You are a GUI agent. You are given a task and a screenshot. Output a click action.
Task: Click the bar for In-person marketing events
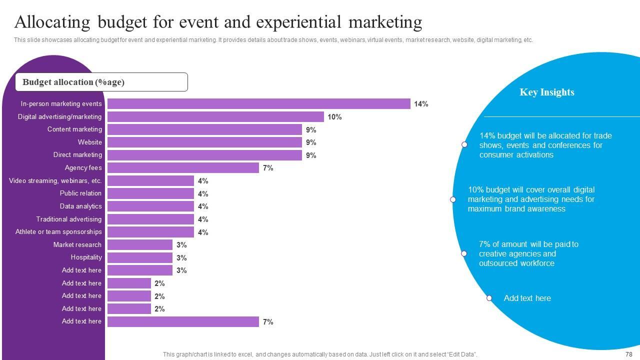click(x=259, y=104)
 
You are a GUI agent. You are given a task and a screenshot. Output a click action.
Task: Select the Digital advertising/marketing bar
click(x=215, y=117)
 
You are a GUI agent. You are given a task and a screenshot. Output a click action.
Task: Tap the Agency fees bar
click(x=183, y=168)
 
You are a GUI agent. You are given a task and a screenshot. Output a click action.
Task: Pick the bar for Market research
click(x=140, y=245)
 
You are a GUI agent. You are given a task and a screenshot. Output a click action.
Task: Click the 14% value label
click(x=421, y=104)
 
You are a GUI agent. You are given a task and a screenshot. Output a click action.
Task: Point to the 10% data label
click(x=334, y=117)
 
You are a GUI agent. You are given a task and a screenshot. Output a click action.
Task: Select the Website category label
click(x=90, y=142)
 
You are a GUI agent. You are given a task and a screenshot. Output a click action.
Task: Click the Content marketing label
click(x=74, y=129)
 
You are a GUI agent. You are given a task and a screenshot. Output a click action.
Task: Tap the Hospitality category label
click(x=86, y=257)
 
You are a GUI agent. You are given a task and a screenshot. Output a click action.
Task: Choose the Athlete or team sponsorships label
click(x=58, y=232)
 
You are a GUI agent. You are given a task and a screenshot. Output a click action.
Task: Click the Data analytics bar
click(x=150, y=206)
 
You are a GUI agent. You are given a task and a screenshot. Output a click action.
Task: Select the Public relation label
click(x=80, y=193)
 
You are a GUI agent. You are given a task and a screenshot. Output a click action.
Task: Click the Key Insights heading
click(x=547, y=92)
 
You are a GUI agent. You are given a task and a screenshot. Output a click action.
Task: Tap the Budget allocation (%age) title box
click(x=101, y=82)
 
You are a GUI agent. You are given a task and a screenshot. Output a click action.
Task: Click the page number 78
click(x=629, y=354)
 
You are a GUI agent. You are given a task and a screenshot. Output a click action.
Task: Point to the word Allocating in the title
click(x=52, y=22)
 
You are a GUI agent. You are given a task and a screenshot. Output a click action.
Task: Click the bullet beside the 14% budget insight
click(x=464, y=144)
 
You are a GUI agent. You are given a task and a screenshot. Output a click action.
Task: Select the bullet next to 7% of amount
click(x=464, y=253)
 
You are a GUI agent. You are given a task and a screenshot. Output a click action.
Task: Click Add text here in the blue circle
click(x=527, y=298)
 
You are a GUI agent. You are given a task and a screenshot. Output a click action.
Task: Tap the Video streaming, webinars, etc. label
click(x=55, y=181)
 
